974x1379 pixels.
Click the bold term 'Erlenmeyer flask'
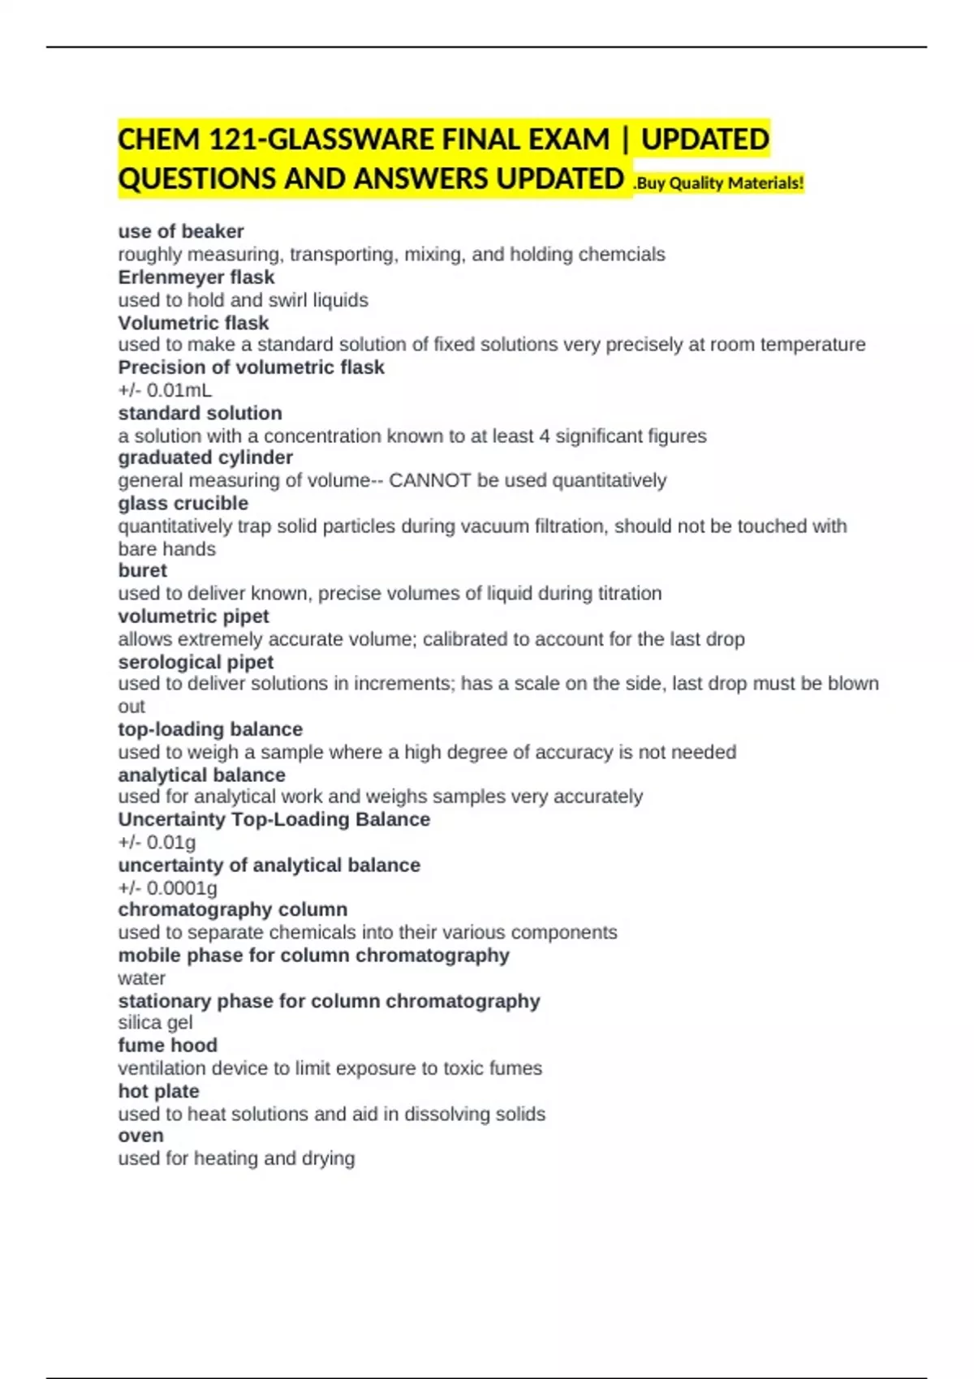pyautogui.click(x=196, y=277)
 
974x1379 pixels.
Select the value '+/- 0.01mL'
pyautogui.click(x=165, y=390)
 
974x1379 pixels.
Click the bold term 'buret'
pyautogui.click(x=142, y=570)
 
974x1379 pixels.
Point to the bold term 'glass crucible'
pyautogui.click(x=183, y=503)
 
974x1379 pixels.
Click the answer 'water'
pyautogui.click(x=141, y=977)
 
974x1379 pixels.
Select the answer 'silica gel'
pyautogui.click(x=155, y=1022)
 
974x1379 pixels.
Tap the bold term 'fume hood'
pyautogui.click(x=167, y=1045)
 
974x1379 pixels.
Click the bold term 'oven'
pyautogui.click(x=140, y=1136)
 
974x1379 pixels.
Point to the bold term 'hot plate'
pyautogui.click(x=158, y=1091)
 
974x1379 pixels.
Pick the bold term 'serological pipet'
pyautogui.click(x=196, y=662)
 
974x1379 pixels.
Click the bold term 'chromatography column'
pyautogui.click(x=232, y=909)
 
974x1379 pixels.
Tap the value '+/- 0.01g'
pyautogui.click(x=157, y=842)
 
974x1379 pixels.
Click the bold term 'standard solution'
pyautogui.click(x=200, y=413)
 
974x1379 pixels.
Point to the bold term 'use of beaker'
pyautogui.click(x=181, y=231)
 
